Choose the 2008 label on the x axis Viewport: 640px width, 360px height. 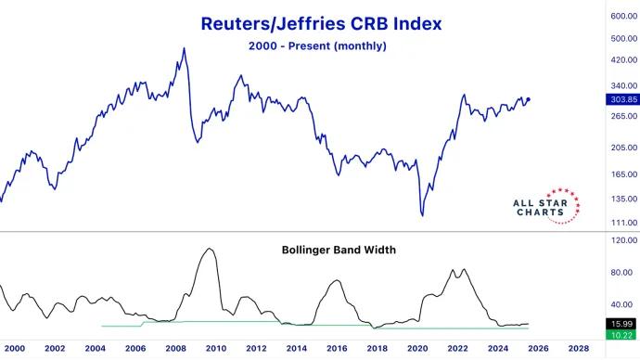(x=175, y=348)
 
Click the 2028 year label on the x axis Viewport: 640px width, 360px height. (x=578, y=348)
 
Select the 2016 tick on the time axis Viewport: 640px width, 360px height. (x=337, y=348)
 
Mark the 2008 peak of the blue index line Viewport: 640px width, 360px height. (x=184, y=48)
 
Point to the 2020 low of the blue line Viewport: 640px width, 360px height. (x=422, y=215)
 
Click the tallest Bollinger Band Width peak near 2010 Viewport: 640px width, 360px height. (x=211, y=249)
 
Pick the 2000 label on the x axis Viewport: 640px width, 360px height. (x=15, y=348)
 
